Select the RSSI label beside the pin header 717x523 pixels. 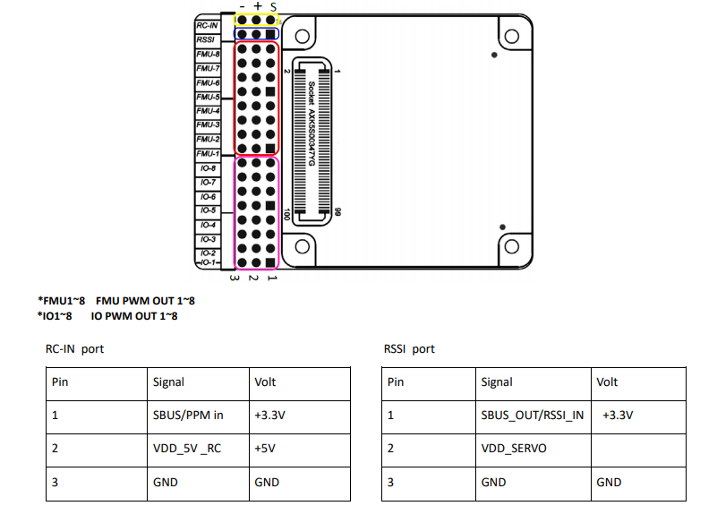[x=206, y=39]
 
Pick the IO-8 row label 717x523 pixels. [x=209, y=167]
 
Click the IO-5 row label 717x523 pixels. [x=209, y=210]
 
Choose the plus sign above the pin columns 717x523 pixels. [x=258, y=6]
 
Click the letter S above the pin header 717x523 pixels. [x=272, y=6]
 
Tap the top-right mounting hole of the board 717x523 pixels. [x=511, y=36]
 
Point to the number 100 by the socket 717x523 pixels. [x=286, y=215]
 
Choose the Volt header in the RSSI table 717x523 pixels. [x=607, y=382]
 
